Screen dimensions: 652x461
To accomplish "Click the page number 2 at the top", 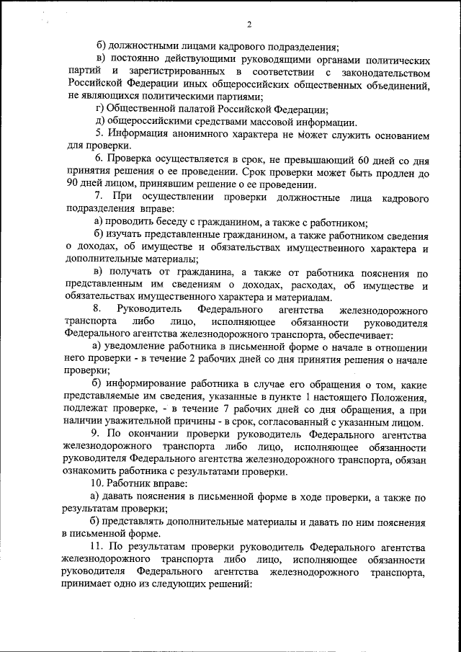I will pos(249,25).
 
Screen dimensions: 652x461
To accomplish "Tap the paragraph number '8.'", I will pos(99,310).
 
